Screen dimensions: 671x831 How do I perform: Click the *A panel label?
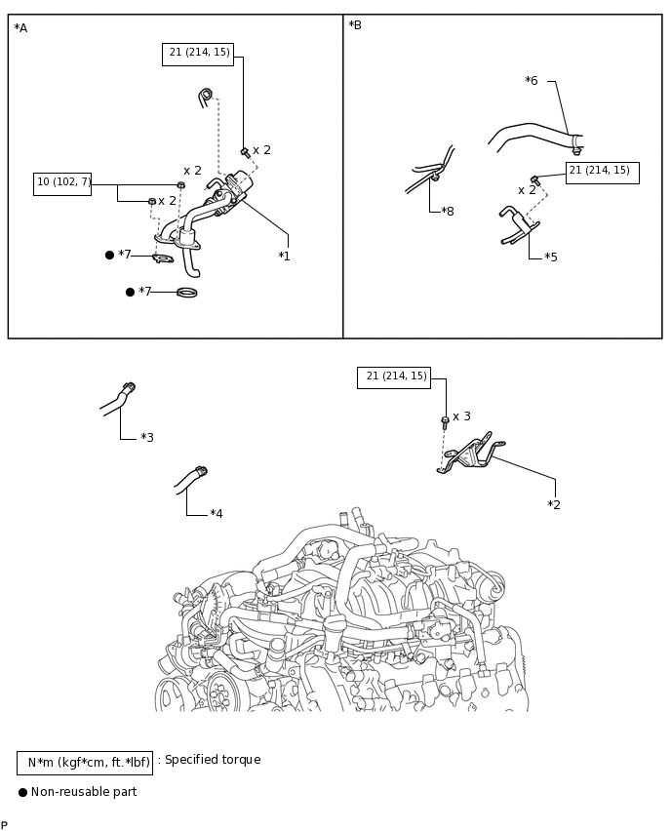20,28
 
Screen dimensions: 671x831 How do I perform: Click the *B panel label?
355,25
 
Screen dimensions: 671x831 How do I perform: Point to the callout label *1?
284,256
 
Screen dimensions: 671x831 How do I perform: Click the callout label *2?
554,504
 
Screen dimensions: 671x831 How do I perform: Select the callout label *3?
147,437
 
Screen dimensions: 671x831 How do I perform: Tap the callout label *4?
217,514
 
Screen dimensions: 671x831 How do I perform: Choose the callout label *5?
551,257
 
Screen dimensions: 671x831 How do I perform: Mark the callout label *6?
532,81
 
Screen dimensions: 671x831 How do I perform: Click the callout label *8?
448,211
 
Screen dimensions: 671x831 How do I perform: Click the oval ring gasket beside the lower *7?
186,292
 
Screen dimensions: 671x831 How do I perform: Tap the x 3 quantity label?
461,416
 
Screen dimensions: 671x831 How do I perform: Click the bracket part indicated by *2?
471,455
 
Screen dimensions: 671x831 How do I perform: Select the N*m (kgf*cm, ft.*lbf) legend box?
85,763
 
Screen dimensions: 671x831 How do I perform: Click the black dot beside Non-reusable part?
22,792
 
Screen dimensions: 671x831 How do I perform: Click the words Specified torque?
213,760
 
